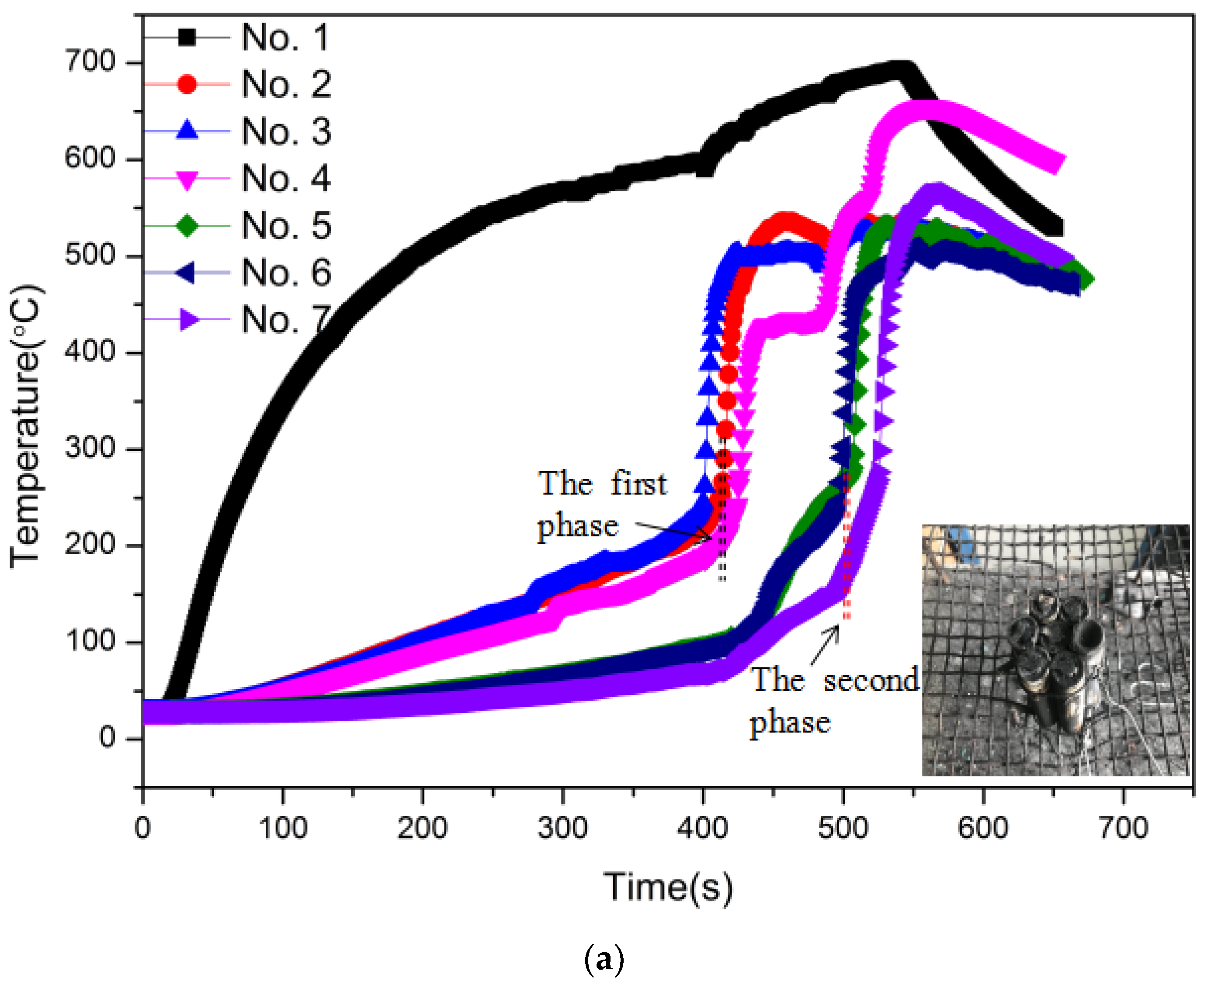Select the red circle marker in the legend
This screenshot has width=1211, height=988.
tap(187, 84)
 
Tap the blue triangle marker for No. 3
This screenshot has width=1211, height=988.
tap(187, 130)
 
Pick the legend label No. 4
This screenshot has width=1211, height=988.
tap(286, 178)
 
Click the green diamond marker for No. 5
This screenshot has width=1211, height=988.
tap(187, 225)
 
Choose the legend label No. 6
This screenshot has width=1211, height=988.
tap(286, 272)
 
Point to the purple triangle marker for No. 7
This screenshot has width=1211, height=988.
tap(188, 319)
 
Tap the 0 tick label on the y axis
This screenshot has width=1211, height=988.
tap(107, 738)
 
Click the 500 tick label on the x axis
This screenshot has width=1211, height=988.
tap(843, 828)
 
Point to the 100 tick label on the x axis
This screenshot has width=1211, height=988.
tap(283, 828)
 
